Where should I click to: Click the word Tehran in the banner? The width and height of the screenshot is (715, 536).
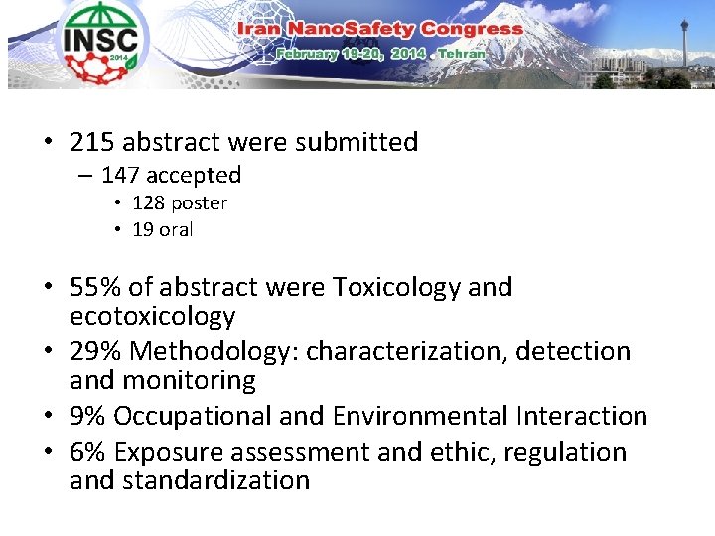(462, 53)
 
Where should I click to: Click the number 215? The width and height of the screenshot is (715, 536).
(92, 142)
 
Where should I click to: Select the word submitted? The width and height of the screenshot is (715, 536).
(361, 142)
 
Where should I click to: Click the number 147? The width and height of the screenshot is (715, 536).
(121, 176)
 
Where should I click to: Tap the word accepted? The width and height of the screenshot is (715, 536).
(195, 176)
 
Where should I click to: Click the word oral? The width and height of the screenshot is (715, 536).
(176, 230)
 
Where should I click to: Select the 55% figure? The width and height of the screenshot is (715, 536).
(96, 288)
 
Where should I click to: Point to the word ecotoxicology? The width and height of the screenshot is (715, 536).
(152, 317)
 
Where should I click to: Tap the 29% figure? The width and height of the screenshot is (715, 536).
(96, 351)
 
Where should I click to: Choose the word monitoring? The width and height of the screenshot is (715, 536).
(189, 380)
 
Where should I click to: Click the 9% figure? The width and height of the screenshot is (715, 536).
(88, 416)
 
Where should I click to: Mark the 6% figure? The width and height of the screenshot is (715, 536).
(88, 452)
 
